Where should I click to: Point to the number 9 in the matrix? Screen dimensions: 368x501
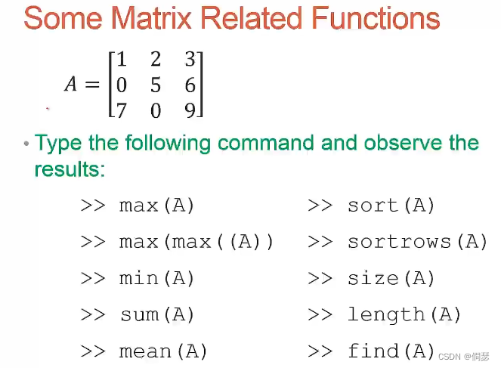(190, 111)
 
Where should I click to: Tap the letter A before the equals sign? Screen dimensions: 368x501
(71, 85)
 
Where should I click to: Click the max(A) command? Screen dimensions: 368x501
(156, 205)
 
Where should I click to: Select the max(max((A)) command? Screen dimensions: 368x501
(196, 242)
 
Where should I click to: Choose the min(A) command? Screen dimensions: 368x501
(156, 278)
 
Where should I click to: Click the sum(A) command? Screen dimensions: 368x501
(156, 314)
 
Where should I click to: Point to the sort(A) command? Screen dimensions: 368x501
(391, 205)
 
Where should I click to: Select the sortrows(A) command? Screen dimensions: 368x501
(417, 242)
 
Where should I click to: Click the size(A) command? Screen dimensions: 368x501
(391, 278)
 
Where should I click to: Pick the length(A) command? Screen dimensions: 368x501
(404, 314)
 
